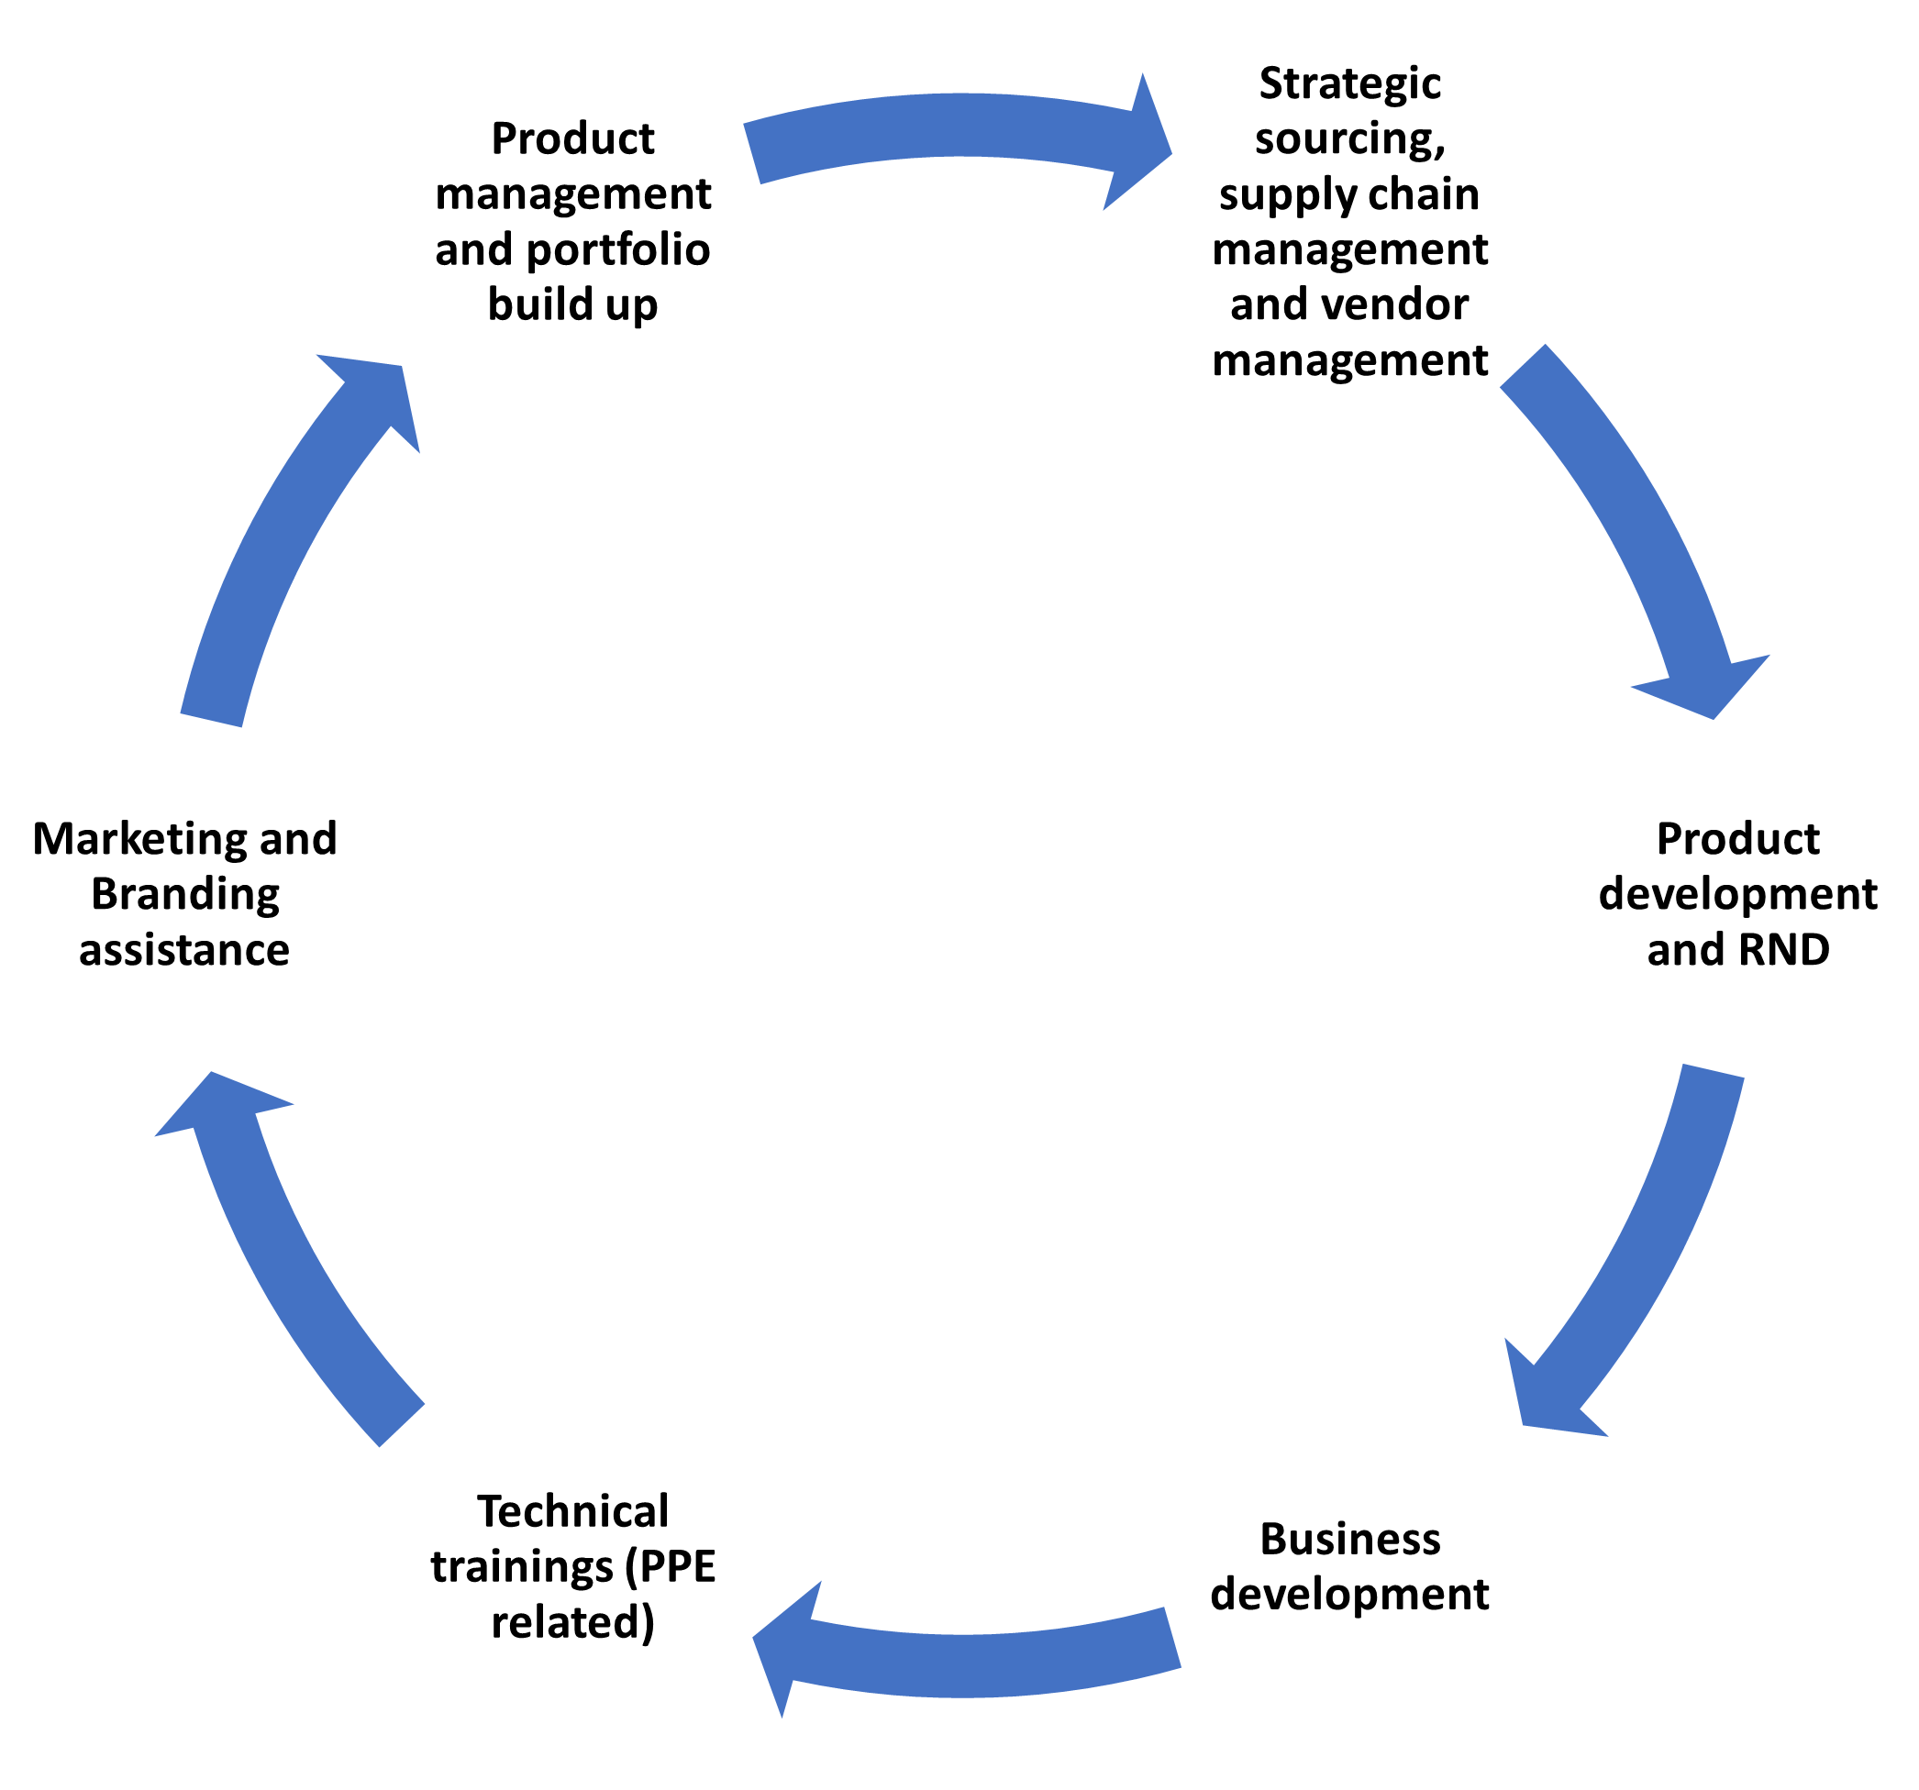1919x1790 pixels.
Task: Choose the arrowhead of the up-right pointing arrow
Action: click(382, 386)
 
